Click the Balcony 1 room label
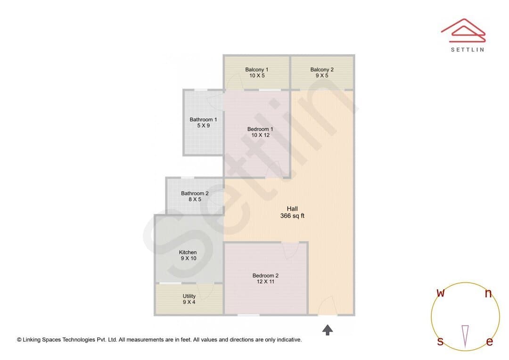click(x=257, y=69)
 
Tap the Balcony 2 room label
click(x=322, y=69)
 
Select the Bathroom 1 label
click(x=203, y=120)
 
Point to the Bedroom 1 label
click(x=260, y=129)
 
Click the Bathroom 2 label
click(x=195, y=194)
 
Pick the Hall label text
click(x=292, y=209)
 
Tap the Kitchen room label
click(x=188, y=252)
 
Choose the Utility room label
click(x=189, y=296)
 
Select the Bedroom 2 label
click(x=265, y=276)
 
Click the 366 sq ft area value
click(x=292, y=216)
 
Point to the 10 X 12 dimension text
click(x=260, y=135)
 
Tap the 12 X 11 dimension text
click(x=265, y=281)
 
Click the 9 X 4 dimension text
click(x=189, y=302)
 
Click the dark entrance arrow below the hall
click(x=328, y=330)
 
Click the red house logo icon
click(x=463, y=30)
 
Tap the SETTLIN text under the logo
click(x=468, y=49)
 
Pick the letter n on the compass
click(x=488, y=294)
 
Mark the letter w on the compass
click(x=441, y=293)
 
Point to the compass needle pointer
click(x=465, y=336)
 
